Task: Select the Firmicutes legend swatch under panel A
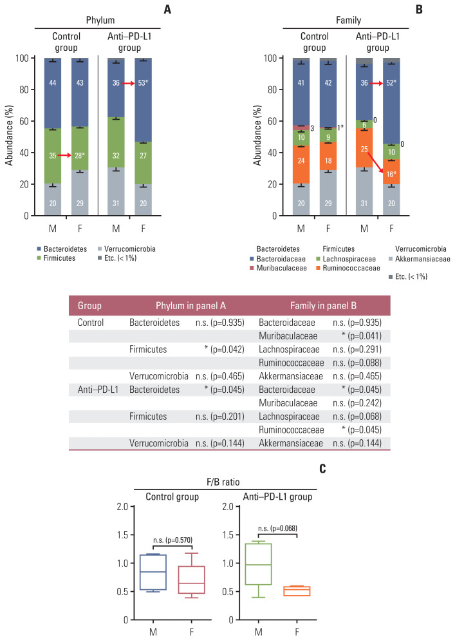pyautogui.click(x=40, y=258)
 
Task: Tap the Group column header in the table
pyautogui.click(x=89, y=305)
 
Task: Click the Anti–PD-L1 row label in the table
pyautogui.click(x=97, y=393)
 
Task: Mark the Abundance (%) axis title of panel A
pyautogui.click(x=10, y=137)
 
